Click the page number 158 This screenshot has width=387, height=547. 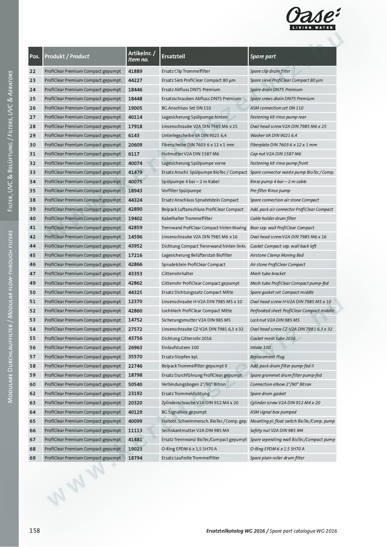[x=35, y=530]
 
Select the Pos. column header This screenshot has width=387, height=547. [x=35, y=56]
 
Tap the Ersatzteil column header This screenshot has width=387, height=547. [x=173, y=56]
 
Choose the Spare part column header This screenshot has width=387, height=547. [x=263, y=56]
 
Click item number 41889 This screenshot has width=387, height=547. [x=135, y=71]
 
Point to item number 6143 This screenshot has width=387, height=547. [x=134, y=135]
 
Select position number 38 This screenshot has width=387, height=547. [x=32, y=200]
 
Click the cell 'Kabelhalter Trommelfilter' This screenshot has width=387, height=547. [x=187, y=218]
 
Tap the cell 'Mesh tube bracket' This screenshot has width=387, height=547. [x=268, y=273]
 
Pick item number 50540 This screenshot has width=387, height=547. [x=135, y=384]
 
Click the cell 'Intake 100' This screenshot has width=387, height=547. [x=260, y=347]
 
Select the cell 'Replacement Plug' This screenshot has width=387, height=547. [x=267, y=357]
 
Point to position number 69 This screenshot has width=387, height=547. [x=32, y=458]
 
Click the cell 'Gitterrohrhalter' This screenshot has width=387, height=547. [x=177, y=273]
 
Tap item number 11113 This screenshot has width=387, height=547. [x=135, y=430]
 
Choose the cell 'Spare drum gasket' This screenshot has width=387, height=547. [x=268, y=394]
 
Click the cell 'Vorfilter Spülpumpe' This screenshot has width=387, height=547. [x=181, y=191]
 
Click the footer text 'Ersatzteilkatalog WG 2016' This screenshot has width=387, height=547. [x=236, y=531]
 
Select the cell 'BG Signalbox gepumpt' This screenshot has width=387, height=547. [x=184, y=412]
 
